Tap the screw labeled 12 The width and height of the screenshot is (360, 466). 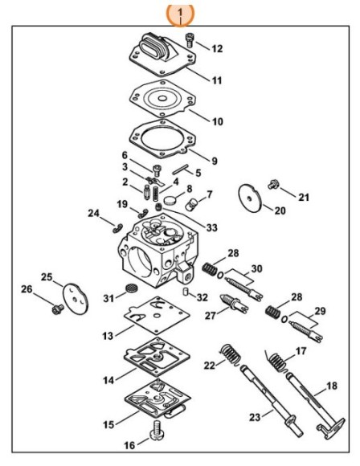point(189,40)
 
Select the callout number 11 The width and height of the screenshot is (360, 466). point(217,80)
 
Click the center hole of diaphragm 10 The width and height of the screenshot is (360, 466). point(162,98)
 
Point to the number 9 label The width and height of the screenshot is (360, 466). point(215,161)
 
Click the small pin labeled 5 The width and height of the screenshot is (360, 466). point(180,170)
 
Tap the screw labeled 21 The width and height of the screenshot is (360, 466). point(273,184)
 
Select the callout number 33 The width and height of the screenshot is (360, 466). point(212,227)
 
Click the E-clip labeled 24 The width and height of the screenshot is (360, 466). point(118,228)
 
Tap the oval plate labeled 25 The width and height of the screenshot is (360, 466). point(76,298)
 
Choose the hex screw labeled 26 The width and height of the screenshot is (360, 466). point(57,309)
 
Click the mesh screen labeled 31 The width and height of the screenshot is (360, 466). point(131,288)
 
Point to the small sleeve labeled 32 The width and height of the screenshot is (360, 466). point(186,291)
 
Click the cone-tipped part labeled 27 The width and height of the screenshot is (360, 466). point(233,304)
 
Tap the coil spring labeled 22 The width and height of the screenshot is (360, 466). point(231,355)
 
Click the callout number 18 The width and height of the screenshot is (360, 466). point(332,386)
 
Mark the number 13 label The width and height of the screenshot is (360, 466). point(108,336)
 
